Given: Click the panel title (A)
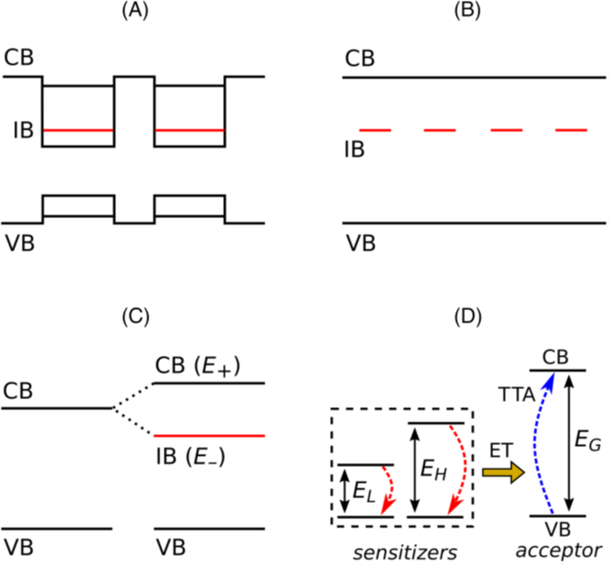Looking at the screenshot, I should click(134, 14).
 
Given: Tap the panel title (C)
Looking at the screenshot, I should click(134, 318).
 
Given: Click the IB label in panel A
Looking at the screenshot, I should click(22, 132).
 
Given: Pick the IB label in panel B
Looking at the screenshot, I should click(358, 149).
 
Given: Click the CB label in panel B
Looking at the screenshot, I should click(360, 58).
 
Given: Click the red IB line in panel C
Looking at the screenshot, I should click(210, 435).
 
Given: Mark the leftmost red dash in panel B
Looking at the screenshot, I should click(375, 132).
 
